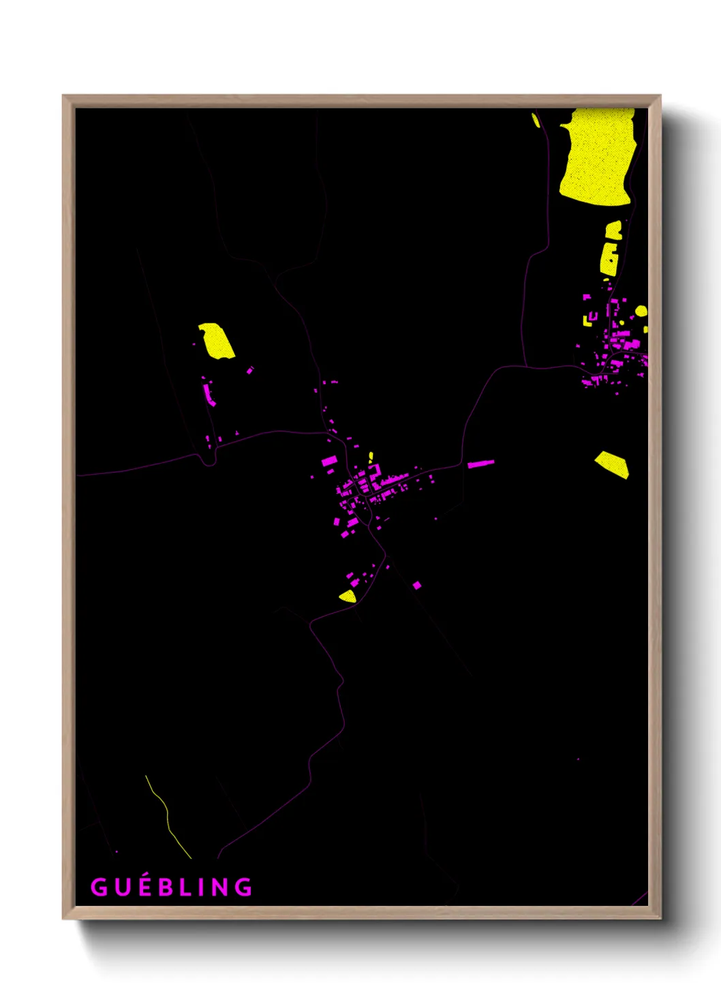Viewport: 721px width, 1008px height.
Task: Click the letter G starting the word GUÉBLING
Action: point(99,887)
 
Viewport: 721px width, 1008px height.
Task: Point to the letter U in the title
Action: point(121,887)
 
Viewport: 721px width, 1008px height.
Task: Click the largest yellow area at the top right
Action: point(596,157)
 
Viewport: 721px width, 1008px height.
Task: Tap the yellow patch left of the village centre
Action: point(217,341)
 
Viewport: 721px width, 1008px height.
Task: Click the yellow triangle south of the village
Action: point(348,597)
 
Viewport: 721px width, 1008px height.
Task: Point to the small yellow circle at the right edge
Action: point(641,311)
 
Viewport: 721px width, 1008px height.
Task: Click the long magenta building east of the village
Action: point(480,464)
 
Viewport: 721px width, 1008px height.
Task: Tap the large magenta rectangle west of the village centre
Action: point(329,461)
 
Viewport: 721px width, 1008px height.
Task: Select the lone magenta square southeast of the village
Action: point(417,585)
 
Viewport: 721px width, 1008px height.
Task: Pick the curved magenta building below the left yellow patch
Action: point(209,394)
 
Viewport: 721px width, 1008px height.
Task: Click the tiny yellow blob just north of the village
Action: point(371,456)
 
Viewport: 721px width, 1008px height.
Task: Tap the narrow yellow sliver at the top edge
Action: point(536,121)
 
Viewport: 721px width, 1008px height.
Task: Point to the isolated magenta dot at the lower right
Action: point(579,759)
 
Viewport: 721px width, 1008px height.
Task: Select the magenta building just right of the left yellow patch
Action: point(250,371)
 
